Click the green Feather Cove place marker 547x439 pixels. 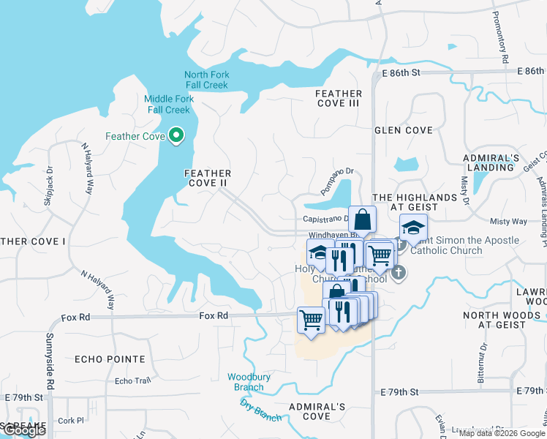176,135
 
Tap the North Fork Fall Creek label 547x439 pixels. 206,80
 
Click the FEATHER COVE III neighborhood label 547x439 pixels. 339,98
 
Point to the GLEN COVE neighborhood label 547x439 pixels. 404,130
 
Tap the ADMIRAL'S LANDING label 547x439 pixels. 491,162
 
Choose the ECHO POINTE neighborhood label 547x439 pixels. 110,359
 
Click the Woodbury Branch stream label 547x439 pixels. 245,382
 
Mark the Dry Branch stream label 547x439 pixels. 261,410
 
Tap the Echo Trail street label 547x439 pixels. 132,381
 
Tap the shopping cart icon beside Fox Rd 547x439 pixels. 311,320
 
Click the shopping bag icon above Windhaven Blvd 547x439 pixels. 363,218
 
